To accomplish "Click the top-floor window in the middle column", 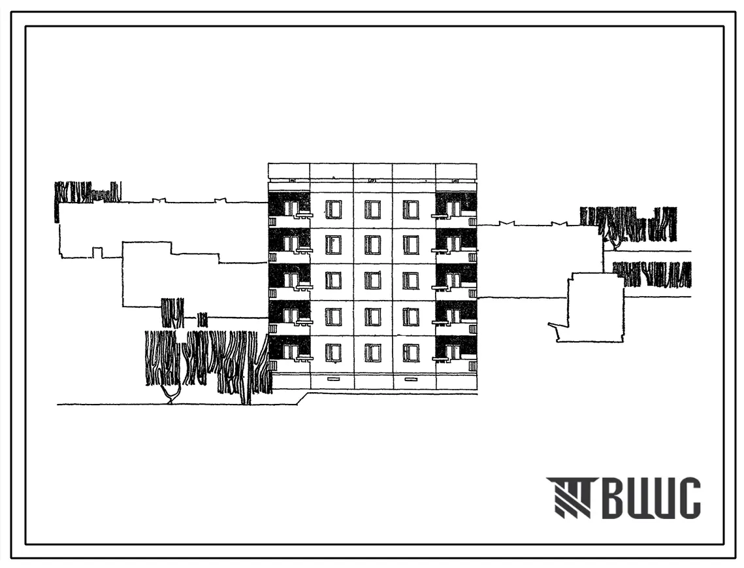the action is pyautogui.click(x=372, y=209).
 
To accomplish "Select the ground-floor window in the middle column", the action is pyautogui.click(x=372, y=352).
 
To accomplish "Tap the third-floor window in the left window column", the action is pyautogui.click(x=333, y=280).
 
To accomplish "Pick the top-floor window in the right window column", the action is pyautogui.click(x=411, y=209).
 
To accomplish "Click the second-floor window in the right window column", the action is pyautogui.click(x=411, y=317).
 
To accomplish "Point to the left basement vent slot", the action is pyautogui.click(x=333, y=379).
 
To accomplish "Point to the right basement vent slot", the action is pyautogui.click(x=411, y=379).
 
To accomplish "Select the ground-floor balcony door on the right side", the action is pyautogui.click(x=454, y=352).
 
